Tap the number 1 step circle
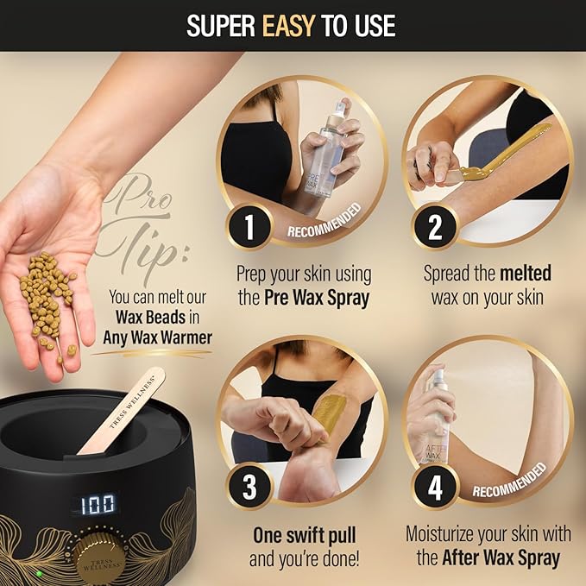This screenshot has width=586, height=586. tap(249, 228)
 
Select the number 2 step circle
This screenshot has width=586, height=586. tap(435, 228)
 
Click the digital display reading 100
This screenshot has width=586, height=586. tap(98, 504)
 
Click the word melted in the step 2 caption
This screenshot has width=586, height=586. tap(525, 274)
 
